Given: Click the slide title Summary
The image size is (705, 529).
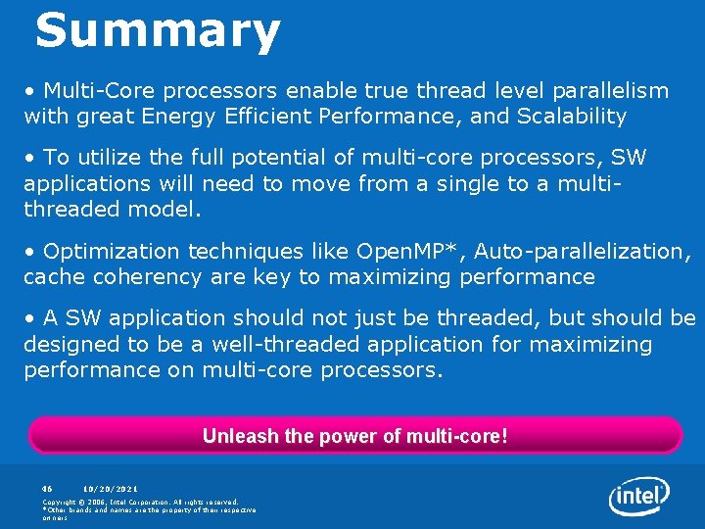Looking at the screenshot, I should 158,31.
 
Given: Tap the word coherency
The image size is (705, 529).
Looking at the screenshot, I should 155,277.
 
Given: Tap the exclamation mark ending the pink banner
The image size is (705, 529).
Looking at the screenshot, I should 504,436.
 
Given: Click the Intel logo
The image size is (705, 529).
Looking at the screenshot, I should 639,497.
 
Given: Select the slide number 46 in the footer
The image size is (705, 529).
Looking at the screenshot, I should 46,488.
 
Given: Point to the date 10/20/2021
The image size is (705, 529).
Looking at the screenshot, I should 111,488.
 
